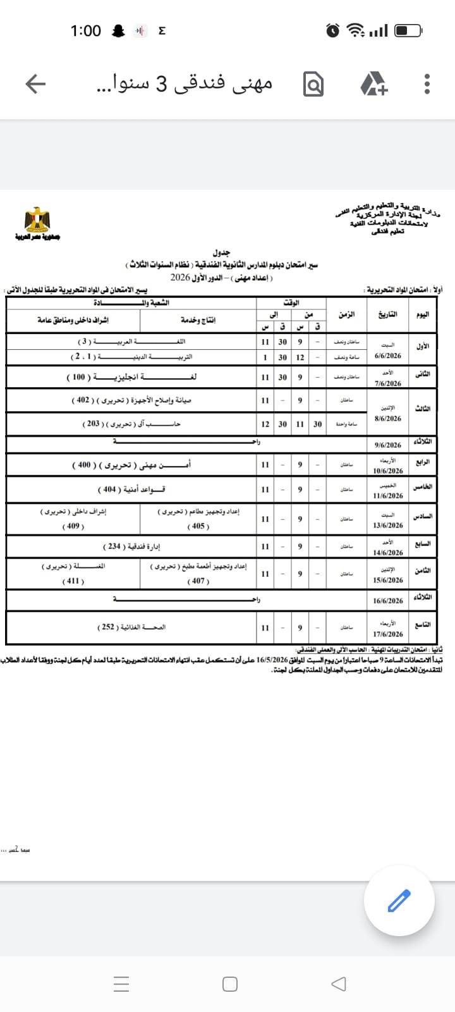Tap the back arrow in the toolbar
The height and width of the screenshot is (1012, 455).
[x=35, y=83]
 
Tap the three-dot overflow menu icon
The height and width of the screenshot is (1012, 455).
[x=427, y=83]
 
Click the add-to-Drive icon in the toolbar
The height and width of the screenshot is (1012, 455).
[x=373, y=83]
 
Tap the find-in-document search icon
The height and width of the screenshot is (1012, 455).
[x=313, y=83]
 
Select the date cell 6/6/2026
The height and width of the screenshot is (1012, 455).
[x=388, y=356]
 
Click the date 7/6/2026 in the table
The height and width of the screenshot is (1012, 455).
[x=388, y=383]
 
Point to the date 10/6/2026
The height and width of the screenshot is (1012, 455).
[x=388, y=471]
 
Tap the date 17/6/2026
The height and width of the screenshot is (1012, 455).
[x=388, y=634]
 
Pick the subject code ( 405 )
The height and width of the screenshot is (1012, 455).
[x=198, y=526]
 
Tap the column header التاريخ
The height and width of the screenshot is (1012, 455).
[x=387, y=314]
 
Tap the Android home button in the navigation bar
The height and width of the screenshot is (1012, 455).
[x=230, y=984]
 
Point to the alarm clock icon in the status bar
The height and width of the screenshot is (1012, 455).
[x=333, y=30]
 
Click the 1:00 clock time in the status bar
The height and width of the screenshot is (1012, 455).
[x=85, y=30]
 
